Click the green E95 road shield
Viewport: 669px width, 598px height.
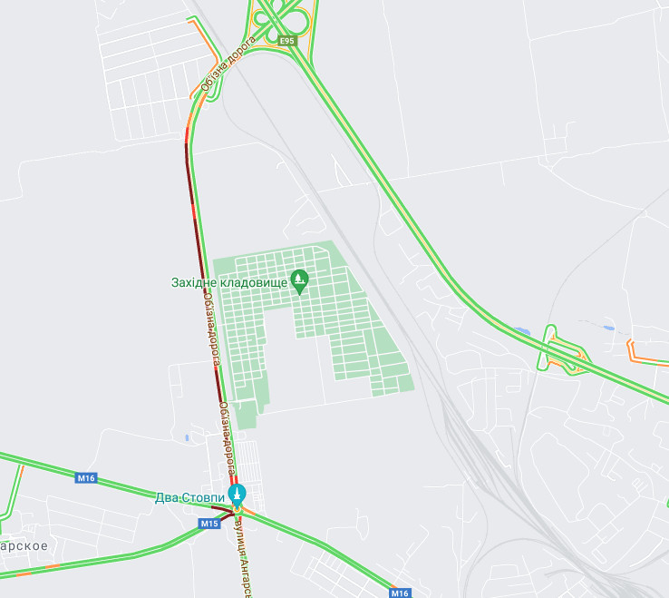(287, 41)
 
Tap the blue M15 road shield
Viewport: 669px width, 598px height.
(209, 524)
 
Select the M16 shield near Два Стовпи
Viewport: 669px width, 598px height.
(86, 477)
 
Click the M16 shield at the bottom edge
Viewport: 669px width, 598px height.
(400, 593)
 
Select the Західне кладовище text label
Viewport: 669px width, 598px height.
(229, 282)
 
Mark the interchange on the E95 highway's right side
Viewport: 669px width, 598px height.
(561, 350)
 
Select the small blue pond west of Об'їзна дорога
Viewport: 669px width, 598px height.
(186, 437)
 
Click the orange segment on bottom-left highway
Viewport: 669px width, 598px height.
(53, 566)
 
